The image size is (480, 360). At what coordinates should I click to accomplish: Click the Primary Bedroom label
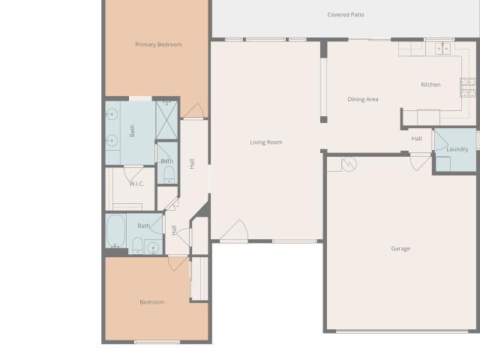pos(158,45)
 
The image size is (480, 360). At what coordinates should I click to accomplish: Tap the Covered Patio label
pos(346,15)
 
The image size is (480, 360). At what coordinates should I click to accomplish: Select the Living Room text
pos(266,142)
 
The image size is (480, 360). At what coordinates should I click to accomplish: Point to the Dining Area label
pos(363,99)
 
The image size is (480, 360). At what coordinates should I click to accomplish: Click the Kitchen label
pos(430,85)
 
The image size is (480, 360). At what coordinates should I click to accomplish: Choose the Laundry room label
pos(457,149)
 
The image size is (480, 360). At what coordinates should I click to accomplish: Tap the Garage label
pos(400,248)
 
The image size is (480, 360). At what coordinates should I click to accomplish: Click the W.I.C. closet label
pos(136,184)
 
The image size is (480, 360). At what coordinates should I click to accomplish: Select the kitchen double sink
pos(442,49)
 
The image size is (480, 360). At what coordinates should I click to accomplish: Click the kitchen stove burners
pos(468,87)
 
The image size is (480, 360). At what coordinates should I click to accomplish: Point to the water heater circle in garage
pos(349,164)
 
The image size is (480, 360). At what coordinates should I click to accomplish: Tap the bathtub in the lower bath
pos(115,231)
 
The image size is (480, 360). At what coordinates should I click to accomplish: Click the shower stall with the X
pos(166,120)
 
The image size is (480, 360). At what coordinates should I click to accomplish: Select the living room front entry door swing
pos(235,231)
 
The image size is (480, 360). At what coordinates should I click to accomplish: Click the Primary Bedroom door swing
pos(193,111)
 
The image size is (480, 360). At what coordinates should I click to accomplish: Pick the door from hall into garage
pos(421,162)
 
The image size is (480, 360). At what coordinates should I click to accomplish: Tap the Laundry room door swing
pos(441,140)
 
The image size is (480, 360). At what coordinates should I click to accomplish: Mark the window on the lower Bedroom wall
pos(157,342)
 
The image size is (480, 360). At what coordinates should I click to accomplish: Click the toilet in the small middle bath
pos(169,175)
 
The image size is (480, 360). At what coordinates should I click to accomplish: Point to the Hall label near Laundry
pos(416,139)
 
